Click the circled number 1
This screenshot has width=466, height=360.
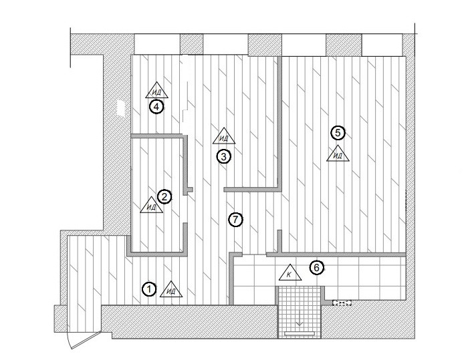(x=150, y=289)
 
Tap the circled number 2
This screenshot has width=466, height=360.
(x=164, y=196)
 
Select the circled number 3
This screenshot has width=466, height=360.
(x=224, y=156)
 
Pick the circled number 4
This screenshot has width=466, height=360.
(x=156, y=106)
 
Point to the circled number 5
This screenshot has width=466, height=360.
(x=338, y=132)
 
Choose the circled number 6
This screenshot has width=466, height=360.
(x=318, y=268)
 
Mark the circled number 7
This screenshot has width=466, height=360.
(x=234, y=218)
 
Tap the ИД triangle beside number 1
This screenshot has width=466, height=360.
(x=172, y=289)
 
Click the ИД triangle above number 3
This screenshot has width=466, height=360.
(x=225, y=137)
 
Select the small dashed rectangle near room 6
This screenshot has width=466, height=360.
(x=342, y=303)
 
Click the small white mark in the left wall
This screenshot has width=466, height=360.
(x=120, y=108)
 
